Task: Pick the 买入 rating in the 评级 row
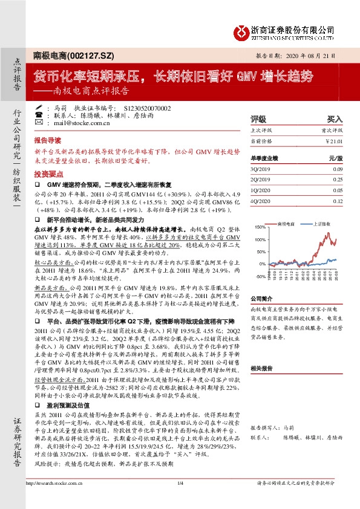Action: (335, 120)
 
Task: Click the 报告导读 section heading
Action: (48, 138)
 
